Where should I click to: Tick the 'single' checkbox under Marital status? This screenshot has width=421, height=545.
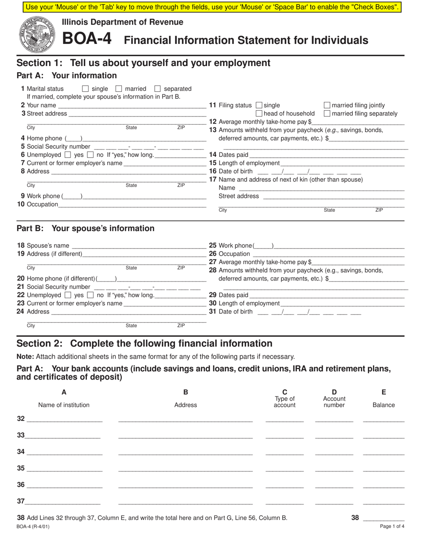pyautogui.click(x=86, y=89)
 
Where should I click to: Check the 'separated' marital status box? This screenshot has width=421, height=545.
pyautogui.click(x=157, y=89)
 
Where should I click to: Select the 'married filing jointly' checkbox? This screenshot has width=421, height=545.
pyautogui.click(x=327, y=105)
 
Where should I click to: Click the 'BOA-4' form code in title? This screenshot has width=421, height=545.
pyautogui.click(x=86, y=39)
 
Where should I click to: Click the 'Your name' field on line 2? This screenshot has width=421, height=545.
pyautogui.click(x=132, y=105)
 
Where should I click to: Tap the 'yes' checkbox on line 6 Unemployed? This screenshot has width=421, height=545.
pyautogui.click(x=68, y=155)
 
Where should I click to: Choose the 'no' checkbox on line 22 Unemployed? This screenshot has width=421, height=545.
pyautogui.click(x=90, y=295)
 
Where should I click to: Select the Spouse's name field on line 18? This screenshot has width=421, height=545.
pyautogui.click(x=138, y=245)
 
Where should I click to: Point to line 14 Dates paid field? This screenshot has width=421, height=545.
pyautogui.click(x=327, y=155)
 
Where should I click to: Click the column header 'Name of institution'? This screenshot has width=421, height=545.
pyautogui.click(x=64, y=405)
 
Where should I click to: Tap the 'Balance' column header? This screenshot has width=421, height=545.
pyautogui.click(x=383, y=405)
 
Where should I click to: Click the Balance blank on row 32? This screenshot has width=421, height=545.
pyautogui.click(x=383, y=419)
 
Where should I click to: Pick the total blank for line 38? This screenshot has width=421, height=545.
pyautogui.click(x=383, y=518)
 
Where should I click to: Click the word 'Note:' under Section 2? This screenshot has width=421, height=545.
pyautogui.click(x=25, y=357)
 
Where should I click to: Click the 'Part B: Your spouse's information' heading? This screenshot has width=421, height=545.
pyautogui.click(x=86, y=229)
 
